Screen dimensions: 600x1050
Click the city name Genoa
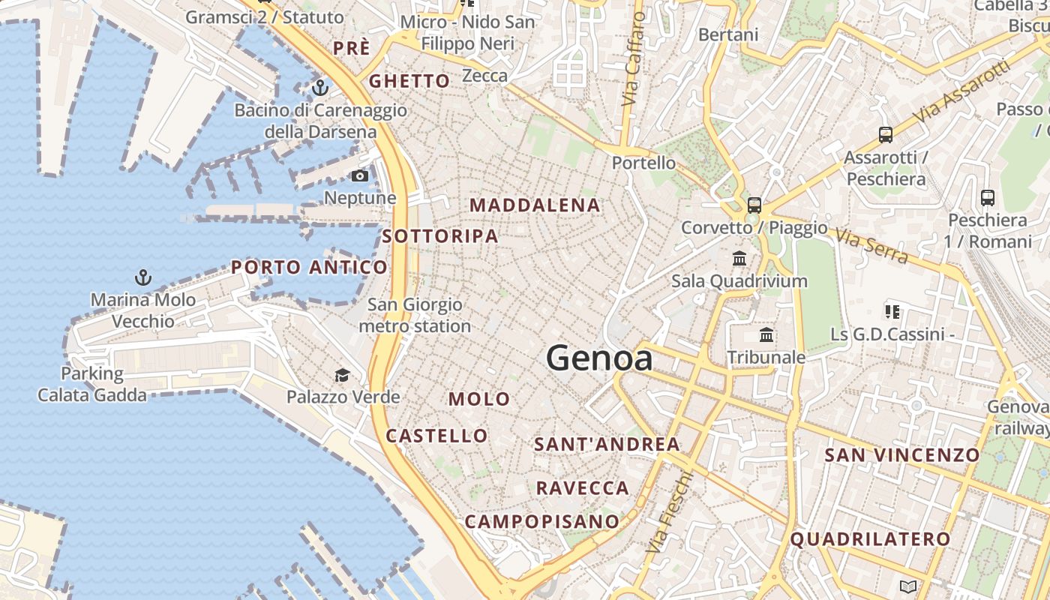click(x=598, y=358)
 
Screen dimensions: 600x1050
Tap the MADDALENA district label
click(x=535, y=205)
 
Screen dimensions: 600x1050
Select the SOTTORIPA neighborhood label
click(x=440, y=236)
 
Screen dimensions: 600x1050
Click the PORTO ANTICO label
click(x=309, y=267)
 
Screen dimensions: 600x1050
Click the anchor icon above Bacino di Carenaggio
click(x=320, y=88)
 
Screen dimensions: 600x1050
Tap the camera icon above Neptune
click(x=360, y=176)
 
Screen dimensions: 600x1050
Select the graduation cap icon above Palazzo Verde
click(x=342, y=375)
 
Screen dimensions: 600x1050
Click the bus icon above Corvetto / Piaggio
click(x=754, y=205)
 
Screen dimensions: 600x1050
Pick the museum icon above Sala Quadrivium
click(x=739, y=259)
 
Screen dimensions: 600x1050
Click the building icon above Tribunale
click(x=766, y=334)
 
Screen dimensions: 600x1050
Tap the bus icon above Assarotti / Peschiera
click(x=886, y=135)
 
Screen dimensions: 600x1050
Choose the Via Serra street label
click(x=871, y=246)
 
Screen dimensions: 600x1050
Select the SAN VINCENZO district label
click(x=902, y=454)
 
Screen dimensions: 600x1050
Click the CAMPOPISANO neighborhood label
click(x=542, y=521)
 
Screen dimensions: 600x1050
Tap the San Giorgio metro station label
click(x=415, y=316)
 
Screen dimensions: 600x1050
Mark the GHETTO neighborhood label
click(x=409, y=81)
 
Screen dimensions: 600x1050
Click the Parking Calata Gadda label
click(x=92, y=384)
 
